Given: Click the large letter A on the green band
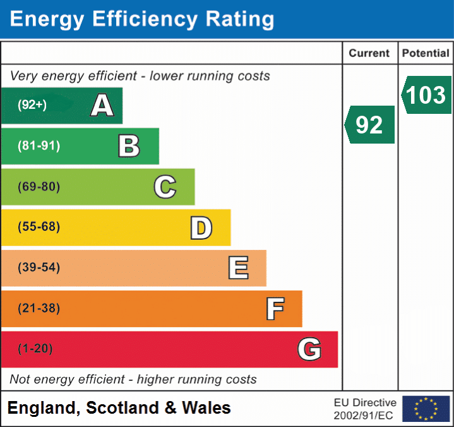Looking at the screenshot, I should click(x=102, y=106).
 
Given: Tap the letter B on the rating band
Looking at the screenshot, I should click(x=129, y=146).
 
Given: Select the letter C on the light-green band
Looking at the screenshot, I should click(x=165, y=187).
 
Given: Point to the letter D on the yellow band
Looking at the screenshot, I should click(x=201, y=228).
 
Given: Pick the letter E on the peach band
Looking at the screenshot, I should click(x=237, y=268).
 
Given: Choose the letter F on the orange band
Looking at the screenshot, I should click(x=274, y=309).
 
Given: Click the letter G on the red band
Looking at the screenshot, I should click(x=309, y=349).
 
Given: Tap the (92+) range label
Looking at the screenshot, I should click(x=32, y=105).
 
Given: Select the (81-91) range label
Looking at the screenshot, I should click(x=39, y=146).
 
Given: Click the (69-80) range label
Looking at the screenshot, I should click(x=39, y=187).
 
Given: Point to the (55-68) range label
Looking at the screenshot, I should click(x=39, y=227).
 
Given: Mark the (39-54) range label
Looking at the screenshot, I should click(x=39, y=268).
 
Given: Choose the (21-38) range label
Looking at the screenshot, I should click(x=39, y=309).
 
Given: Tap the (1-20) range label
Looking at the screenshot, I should click(x=35, y=349).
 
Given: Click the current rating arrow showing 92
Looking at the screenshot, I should click(x=370, y=125).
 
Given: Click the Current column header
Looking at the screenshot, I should click(x=369, y=54).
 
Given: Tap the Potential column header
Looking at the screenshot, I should click(x=426, y=54).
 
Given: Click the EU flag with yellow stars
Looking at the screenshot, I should click(x=426, y=409).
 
